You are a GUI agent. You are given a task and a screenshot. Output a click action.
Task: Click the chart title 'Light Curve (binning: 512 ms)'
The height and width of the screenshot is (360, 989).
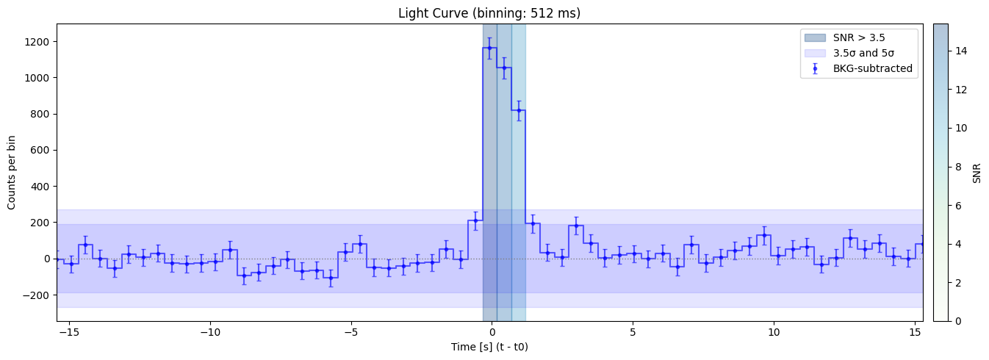click(489, 13)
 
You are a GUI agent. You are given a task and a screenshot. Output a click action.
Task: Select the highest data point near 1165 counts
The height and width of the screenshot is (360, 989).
click(489, 48)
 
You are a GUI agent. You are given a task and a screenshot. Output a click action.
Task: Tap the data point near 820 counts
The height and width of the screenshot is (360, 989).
click(519, 110)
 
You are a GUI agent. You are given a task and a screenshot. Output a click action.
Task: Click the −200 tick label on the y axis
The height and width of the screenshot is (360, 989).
click(35, 295)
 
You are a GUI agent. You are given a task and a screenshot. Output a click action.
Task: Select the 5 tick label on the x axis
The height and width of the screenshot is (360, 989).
click(632, 331)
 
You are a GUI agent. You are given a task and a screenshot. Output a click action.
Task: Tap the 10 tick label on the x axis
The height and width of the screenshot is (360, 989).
click(773, 331)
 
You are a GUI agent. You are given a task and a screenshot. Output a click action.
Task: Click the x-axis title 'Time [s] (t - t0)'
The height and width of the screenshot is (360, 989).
click(489, 347)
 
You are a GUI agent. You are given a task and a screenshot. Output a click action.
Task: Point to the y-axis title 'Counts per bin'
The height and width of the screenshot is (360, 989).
click(12, 173)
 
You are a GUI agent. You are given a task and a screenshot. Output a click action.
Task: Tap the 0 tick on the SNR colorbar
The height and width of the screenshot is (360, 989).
click(955, 321)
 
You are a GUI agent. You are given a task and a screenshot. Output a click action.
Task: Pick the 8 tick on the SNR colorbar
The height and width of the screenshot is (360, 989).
click(955, 167)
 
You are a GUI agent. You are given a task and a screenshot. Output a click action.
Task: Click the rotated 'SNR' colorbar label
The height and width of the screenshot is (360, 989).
click(977, 173)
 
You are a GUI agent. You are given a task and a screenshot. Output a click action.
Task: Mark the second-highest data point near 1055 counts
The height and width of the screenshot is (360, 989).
click(504, 68)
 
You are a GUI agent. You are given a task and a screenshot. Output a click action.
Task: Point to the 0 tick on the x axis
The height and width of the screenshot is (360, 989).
click(492, 331)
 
